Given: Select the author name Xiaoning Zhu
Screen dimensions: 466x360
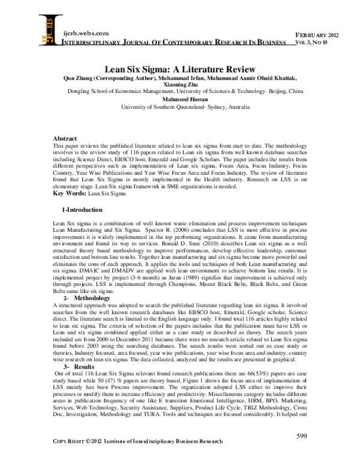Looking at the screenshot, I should (x=180, y=86).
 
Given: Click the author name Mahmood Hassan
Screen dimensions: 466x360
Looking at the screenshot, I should (x=180, y=101).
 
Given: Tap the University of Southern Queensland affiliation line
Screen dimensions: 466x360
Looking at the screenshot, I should (x=180, y=108).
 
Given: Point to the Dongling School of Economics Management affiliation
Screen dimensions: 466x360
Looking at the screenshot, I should (x=180, y=93).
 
